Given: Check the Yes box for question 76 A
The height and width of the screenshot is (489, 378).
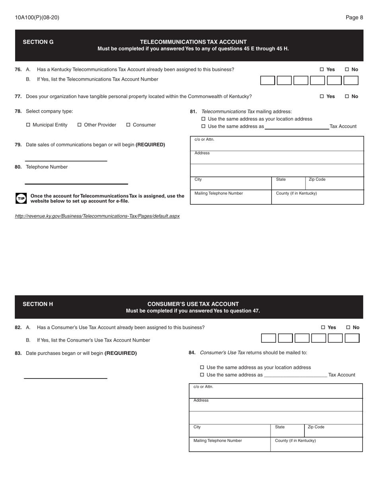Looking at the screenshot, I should click(322, 70).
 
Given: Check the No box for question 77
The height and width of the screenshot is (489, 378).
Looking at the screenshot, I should click(347, 97).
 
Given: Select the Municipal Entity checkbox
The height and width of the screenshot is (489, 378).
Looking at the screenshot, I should click(28, 125).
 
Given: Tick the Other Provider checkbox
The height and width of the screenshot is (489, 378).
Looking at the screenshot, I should click(80, 125).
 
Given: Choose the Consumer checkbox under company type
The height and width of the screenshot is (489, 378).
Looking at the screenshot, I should click(129, 125).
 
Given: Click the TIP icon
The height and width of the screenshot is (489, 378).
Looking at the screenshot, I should click(21, 198).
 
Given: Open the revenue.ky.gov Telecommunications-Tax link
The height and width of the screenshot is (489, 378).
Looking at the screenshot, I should click(97, 216).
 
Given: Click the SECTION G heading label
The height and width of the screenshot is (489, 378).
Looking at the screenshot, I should click(38, 42).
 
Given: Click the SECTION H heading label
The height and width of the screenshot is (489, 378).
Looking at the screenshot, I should click(38, 304).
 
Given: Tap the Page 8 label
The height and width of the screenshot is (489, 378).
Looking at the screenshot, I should click(354, 17).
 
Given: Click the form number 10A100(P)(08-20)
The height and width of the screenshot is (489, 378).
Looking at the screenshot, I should click(37, 17).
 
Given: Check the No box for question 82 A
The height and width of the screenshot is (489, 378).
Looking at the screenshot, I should click(348, 328).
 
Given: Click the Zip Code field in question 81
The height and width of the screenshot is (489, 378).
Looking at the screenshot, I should click(334, 184).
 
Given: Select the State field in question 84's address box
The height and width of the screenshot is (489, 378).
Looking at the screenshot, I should click(287, 431).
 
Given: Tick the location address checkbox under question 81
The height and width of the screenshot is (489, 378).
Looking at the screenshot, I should click(204, 119).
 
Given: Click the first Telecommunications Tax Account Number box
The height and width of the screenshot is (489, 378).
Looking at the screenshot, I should click(267, 81).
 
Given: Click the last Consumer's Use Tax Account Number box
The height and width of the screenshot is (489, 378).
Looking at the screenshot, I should click(352, 338).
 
